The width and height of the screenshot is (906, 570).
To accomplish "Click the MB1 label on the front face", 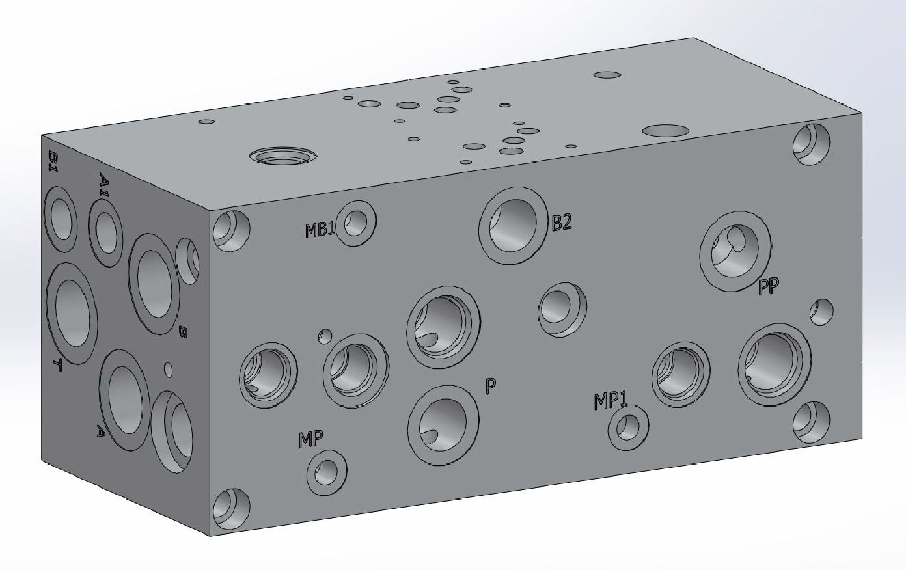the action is pyautogui.click(x=320, y=230).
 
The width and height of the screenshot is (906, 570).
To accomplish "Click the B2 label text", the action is pyautogui.click(x=562, y=222).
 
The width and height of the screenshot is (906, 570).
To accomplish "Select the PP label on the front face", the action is pyautogui.click(x=768, y=286).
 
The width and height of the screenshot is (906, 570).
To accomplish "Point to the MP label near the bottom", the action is pyautogui.click(x=310, y=440).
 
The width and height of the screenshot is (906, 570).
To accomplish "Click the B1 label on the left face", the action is pyautogui.click(x=53, y=161).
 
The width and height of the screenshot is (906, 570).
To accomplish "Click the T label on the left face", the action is pyautogui.click(x=57, y=364).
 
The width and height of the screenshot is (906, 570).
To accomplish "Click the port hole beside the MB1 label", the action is pyautogui.click(x=356, y=223).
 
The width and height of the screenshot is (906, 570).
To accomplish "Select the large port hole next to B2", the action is pyautogui.click(x=514, y=226).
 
